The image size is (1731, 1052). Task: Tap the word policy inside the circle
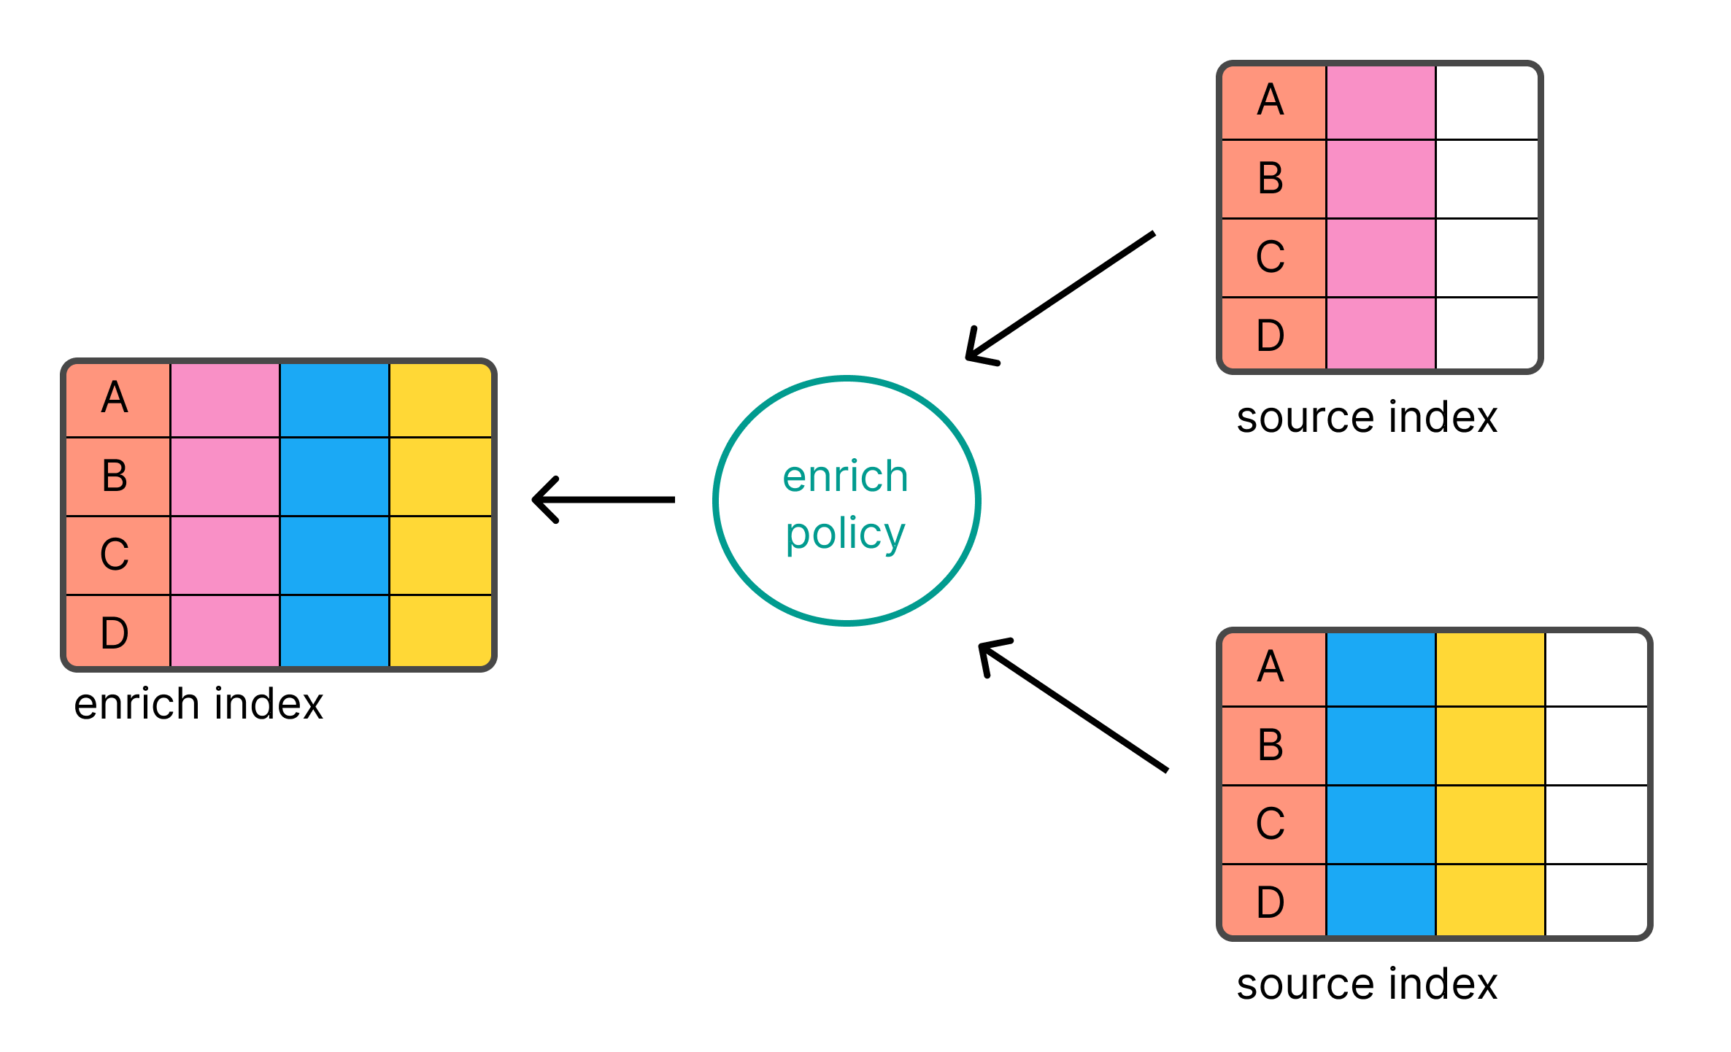845,535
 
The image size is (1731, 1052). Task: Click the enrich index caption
198,705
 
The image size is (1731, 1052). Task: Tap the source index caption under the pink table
1366,418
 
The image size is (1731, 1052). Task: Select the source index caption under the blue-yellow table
1366,985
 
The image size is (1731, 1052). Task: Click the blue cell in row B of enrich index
334,476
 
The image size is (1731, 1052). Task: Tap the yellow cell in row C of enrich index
440,555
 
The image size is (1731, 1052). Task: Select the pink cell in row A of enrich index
225,399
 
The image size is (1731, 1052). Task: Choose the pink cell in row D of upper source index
1381,333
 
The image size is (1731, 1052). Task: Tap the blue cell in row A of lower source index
1381,669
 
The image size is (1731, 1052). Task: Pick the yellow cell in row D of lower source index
1490,900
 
